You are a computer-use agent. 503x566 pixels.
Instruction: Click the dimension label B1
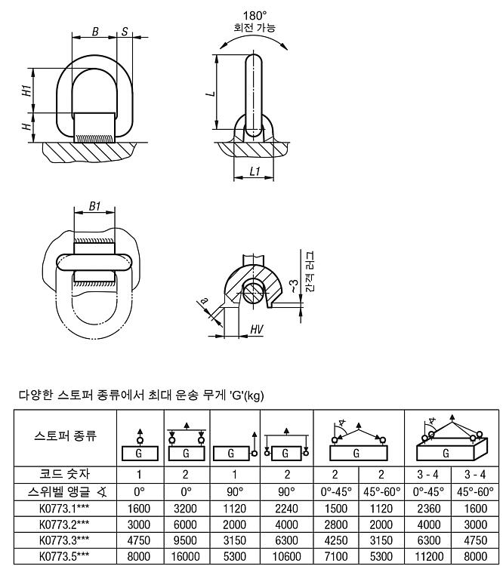pyautogui.click(x=94, y=206)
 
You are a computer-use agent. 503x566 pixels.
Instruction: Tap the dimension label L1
pyautogui.click(x=255, y=171)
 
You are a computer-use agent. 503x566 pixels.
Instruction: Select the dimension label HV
pyautogui.click(x=257, y=329)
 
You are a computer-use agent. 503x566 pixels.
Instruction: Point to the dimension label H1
pyautogui.click(x=26, y=91)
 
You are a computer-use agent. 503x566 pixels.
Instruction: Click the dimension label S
pyautogui.click(x=125, y=32)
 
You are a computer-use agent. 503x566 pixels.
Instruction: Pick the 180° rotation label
pyautogui.click(x=255, y=16)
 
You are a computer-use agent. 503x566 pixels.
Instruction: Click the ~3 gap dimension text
pyautogui.click(x=295, y=285)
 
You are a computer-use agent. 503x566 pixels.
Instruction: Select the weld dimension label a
pyautogui.click(x=204, y=300)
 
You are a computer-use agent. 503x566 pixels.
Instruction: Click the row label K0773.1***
pyautogui.click(x=64, y=508)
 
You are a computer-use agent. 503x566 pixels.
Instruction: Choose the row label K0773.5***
pyautogui.click(x=64, y=556)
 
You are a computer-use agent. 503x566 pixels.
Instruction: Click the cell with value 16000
pyautogui.click(x=186, y=556)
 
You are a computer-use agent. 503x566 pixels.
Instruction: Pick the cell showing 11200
pyautogui.click(x=428, y=556)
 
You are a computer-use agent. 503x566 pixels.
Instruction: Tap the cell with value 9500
pyautogui.click(x=185, y=540)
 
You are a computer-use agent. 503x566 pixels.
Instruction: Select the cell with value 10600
pyautogui.click(x=286, y=556)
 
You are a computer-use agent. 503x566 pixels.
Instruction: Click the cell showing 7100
pyautogui.click(x=335, y=556)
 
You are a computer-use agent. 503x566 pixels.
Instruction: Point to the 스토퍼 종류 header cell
pyautogui.click(x=65, y=435)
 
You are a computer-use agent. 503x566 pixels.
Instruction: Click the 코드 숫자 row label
pyautogui.click(x=65, y=474)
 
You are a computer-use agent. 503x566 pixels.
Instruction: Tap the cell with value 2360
pyautogui.click(x=428, y=508)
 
